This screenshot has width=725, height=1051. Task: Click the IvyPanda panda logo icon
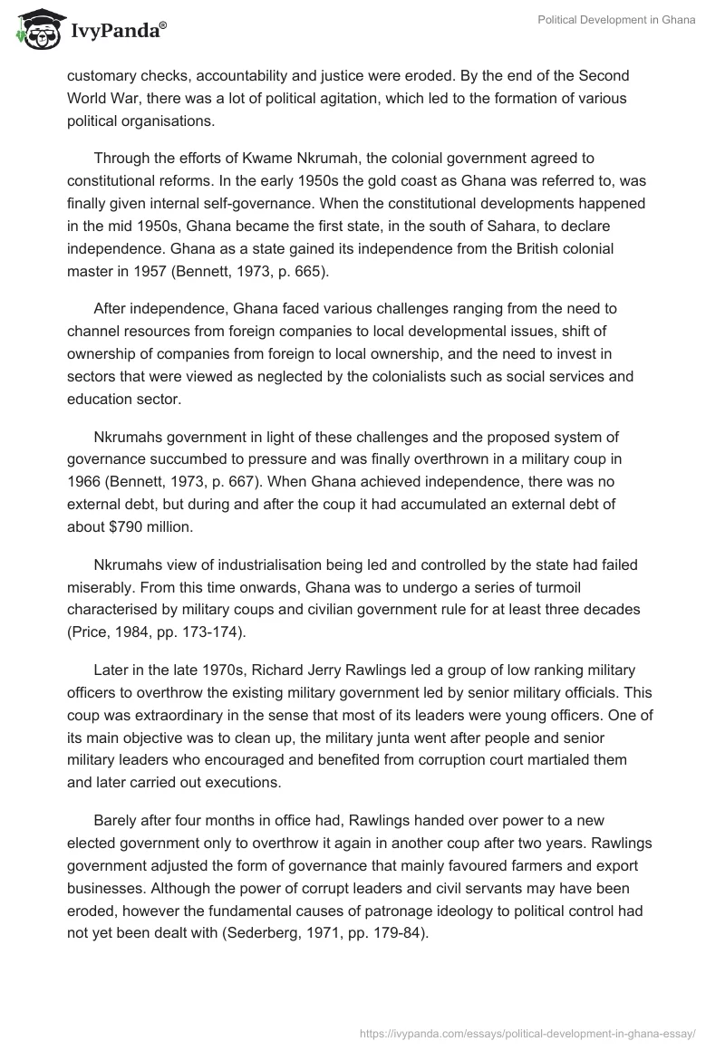pyautogui.click(x=36, y=30)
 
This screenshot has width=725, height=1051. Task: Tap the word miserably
pyautogui.click(x=103, y=587)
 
